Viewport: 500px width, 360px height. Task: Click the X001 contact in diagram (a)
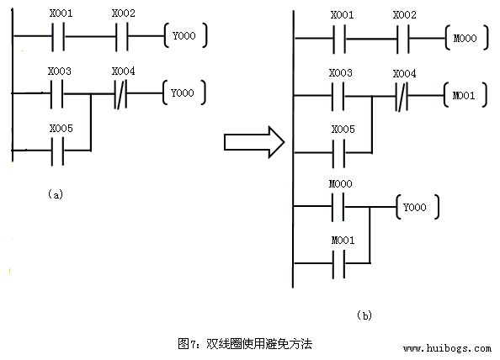click(61, 36)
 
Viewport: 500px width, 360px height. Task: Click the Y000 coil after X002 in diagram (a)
click(184, 36)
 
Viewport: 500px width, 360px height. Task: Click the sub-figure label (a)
click(56, 193)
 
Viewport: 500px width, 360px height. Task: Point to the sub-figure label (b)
click(363, 315)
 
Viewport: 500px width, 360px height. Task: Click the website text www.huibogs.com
click(447, 347)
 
